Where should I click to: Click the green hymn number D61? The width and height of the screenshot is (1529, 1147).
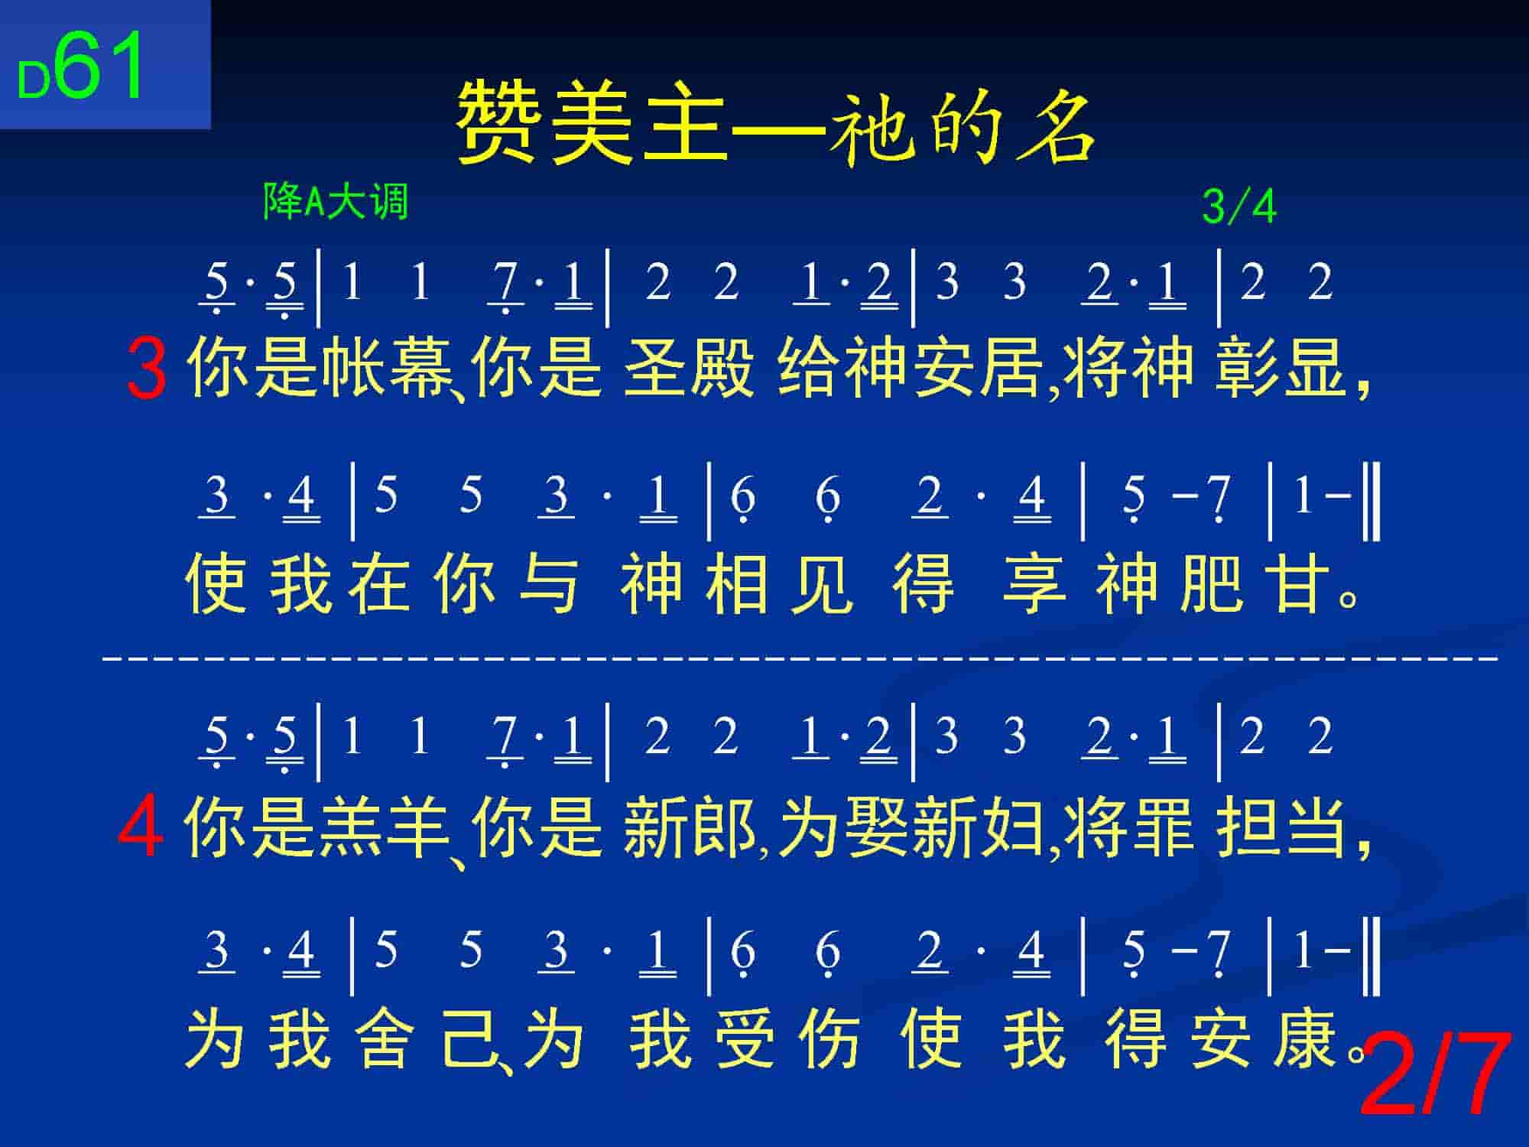[80, 67]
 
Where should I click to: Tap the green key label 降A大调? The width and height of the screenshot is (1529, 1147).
[336, 202]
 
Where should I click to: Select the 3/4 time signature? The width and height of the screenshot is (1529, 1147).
[1239, 206]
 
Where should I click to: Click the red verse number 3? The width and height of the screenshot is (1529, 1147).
[147, 370]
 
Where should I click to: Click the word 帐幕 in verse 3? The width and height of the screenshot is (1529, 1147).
[386, 369]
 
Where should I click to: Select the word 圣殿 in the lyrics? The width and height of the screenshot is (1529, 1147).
[689, 369]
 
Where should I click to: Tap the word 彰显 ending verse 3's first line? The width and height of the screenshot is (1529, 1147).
[1281, 369]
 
